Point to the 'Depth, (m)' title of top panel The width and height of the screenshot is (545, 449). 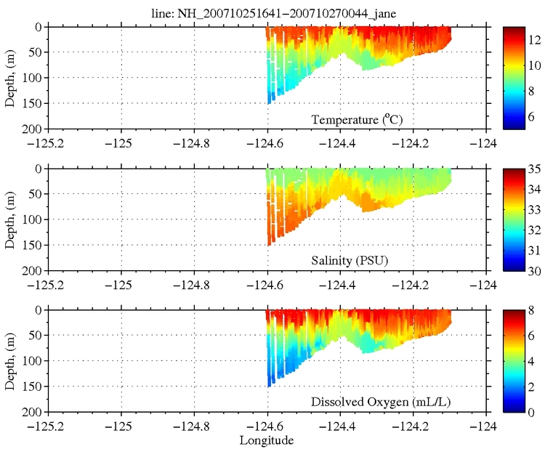click(x=9, y=78)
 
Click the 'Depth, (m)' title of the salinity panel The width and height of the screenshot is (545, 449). click(x=9, y=219)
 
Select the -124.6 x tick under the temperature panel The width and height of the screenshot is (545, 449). click(x=266, y=142)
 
